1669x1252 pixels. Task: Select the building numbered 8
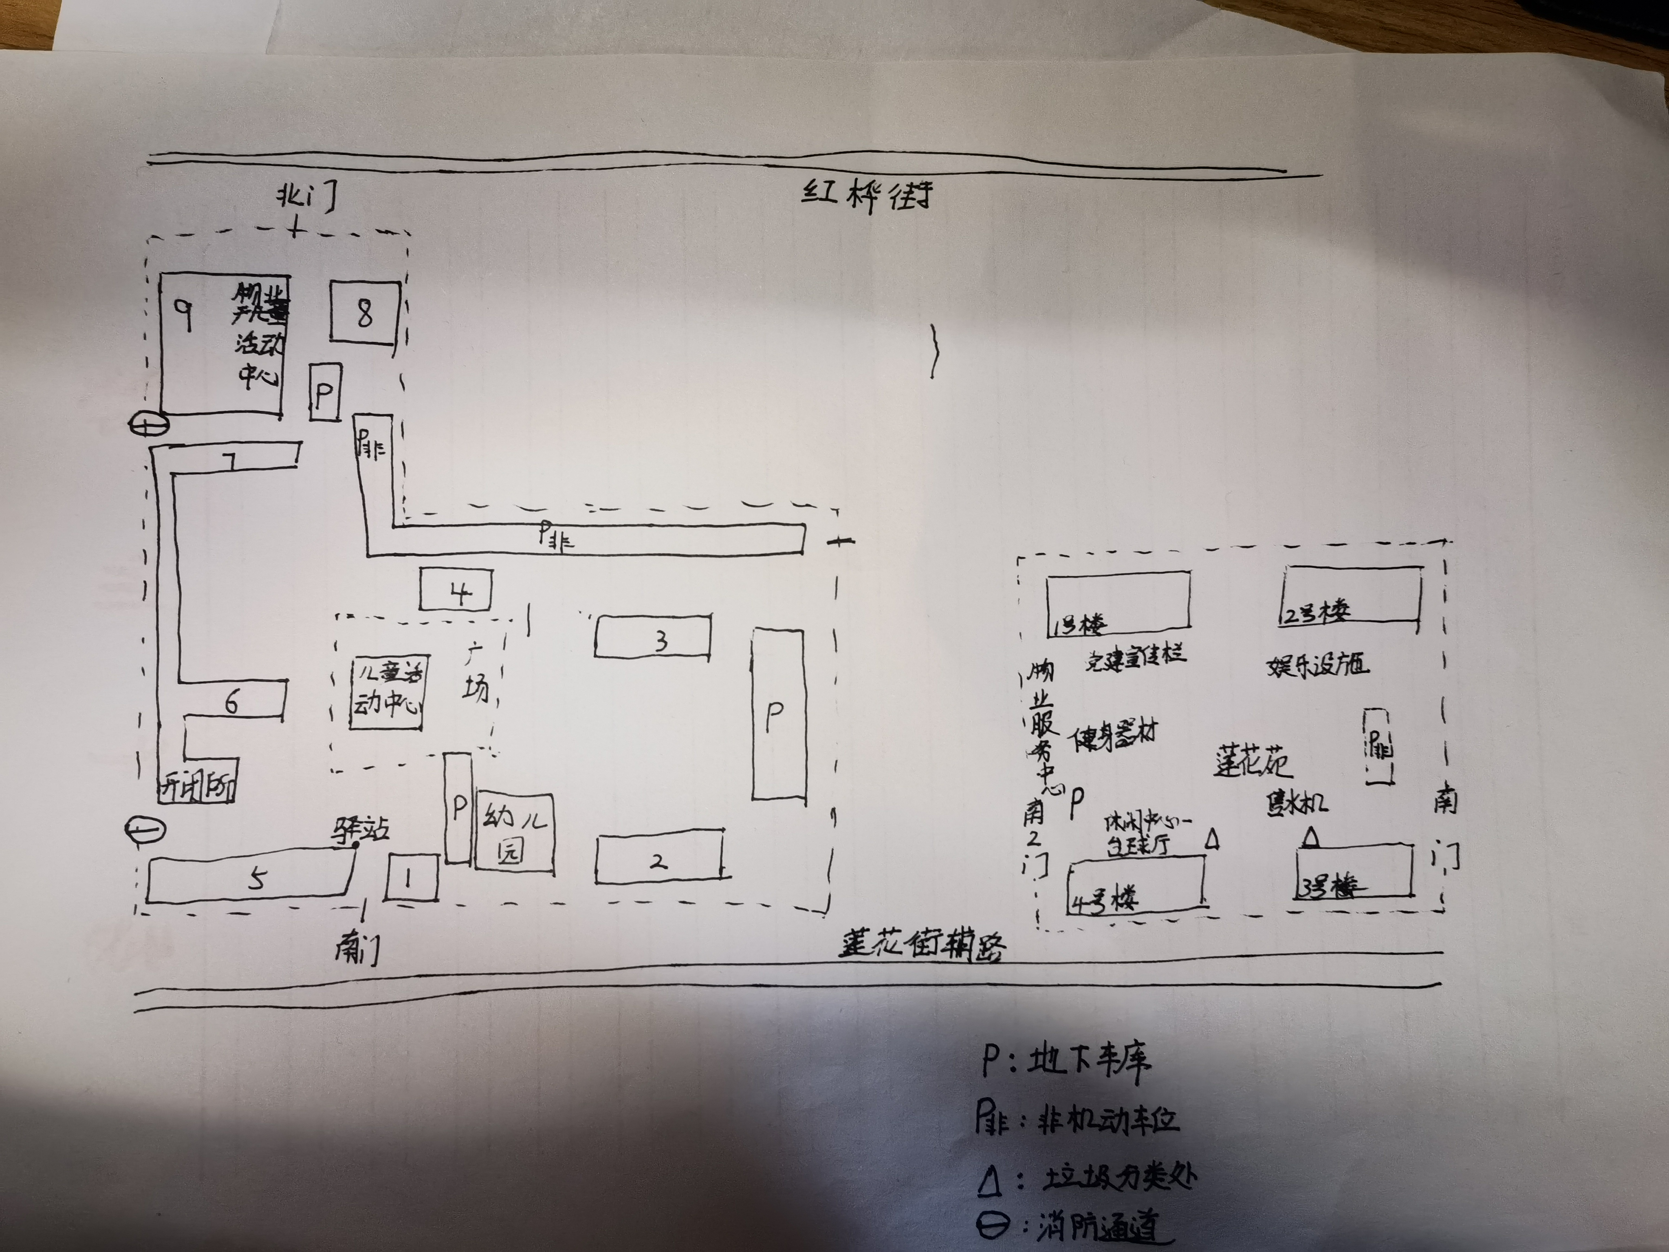pos(364,313)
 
